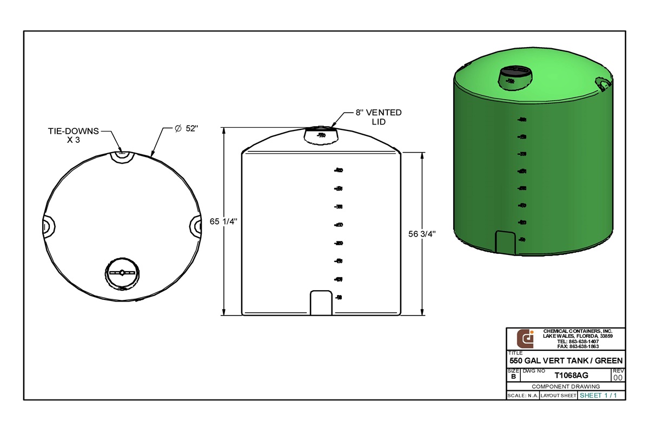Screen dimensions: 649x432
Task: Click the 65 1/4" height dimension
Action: [223, 221]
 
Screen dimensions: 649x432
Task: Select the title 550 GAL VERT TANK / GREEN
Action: [566, 361]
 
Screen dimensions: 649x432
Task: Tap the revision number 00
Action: [618, 378]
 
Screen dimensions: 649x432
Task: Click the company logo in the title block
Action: [525, 338]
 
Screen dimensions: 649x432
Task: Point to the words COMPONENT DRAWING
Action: [566, 387]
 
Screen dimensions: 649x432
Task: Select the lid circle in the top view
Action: [122, 272]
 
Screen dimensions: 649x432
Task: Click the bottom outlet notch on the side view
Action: [320, 303]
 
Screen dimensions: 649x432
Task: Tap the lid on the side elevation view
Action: [321, 135]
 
